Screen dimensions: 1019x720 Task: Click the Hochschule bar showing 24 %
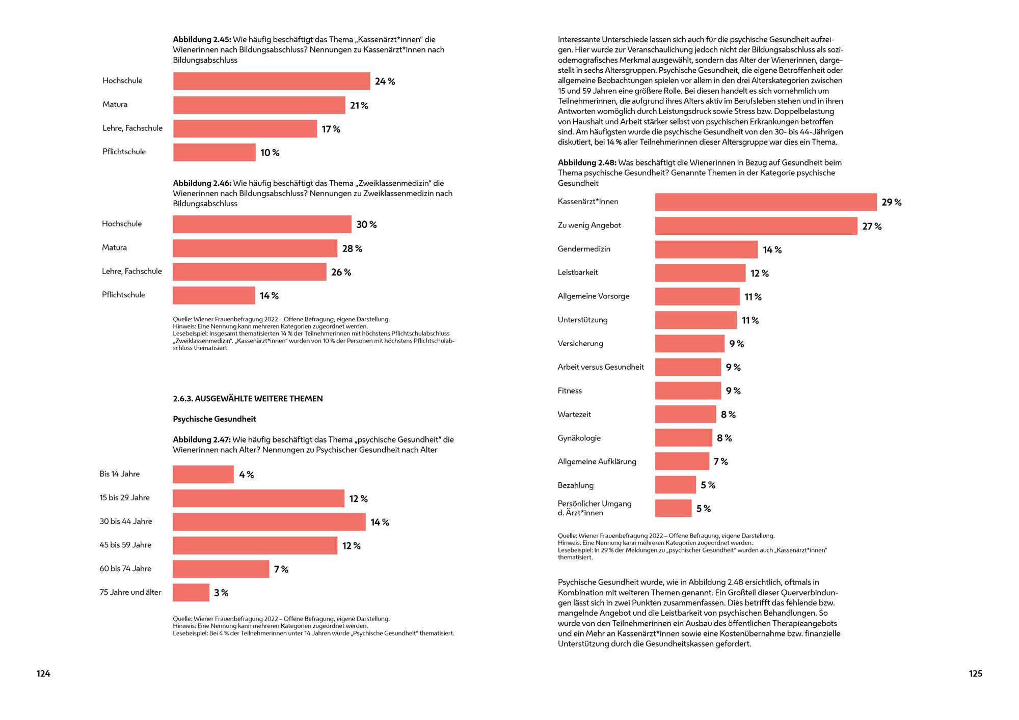[272, 81]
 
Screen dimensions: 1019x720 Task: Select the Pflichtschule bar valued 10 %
[214, 152]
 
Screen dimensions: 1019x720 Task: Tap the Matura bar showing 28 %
[255, 248]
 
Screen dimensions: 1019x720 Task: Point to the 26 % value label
[341, 272]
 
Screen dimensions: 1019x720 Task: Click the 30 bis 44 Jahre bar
[269, 522]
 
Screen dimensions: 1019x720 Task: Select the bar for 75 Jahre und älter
[191, 593]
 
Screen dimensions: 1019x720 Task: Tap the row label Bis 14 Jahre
[120, 474]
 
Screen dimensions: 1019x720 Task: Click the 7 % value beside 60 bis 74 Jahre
[281, 569]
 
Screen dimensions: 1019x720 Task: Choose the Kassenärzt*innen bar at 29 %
[766, 202]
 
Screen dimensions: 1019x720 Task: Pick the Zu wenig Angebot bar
[756, 226]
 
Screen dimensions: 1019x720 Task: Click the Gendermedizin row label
[584, 249]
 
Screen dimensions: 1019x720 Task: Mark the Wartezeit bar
[685, 414]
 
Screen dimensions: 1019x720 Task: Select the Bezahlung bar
[675, 485]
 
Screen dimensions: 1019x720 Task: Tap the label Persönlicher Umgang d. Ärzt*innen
[595, 508]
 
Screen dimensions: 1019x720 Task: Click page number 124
[43, 674]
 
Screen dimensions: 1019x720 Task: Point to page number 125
[975, 674]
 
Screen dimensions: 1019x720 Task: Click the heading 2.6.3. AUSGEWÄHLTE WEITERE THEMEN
[248, 399]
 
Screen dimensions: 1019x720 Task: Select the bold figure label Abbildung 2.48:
[587, 163]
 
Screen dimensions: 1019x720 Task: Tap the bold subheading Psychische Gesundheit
[214, 419]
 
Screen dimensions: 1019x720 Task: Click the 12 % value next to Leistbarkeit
[760, 273]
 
